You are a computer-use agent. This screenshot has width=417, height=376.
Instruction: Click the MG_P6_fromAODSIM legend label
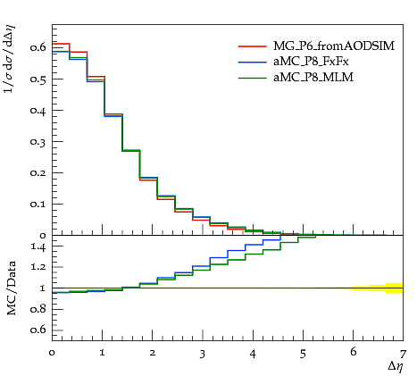(334, 46)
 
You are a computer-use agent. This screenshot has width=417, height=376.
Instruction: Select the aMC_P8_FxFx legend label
(311, 62)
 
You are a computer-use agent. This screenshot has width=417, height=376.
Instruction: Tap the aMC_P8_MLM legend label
(313, 78)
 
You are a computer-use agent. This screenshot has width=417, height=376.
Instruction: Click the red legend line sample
(252, 46)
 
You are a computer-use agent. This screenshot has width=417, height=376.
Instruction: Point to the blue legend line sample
(252, 62)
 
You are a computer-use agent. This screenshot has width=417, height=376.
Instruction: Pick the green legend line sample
(252, 78)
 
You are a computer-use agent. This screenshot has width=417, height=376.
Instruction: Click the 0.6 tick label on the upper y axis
(38, 47)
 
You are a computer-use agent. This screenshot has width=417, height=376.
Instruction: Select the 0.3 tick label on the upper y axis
(38, 141)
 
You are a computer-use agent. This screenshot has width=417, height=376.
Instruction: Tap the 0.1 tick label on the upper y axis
(38, 204)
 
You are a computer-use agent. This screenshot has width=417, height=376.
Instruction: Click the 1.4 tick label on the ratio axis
(38, 246)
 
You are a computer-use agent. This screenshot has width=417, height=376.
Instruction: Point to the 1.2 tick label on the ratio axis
(38, 267)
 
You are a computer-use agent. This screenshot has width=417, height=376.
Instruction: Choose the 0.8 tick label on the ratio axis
(38, 309)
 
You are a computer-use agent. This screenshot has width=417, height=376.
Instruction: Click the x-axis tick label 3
(203, 354)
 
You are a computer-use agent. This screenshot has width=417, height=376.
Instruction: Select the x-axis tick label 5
(303, 354)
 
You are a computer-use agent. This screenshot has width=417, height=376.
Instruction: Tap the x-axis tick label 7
(403, 354)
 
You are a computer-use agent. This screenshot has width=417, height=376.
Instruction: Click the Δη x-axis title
(396, 366)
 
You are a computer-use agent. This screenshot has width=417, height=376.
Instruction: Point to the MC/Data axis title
(11, 288)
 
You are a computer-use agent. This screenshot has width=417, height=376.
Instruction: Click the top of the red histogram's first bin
(61, 44)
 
